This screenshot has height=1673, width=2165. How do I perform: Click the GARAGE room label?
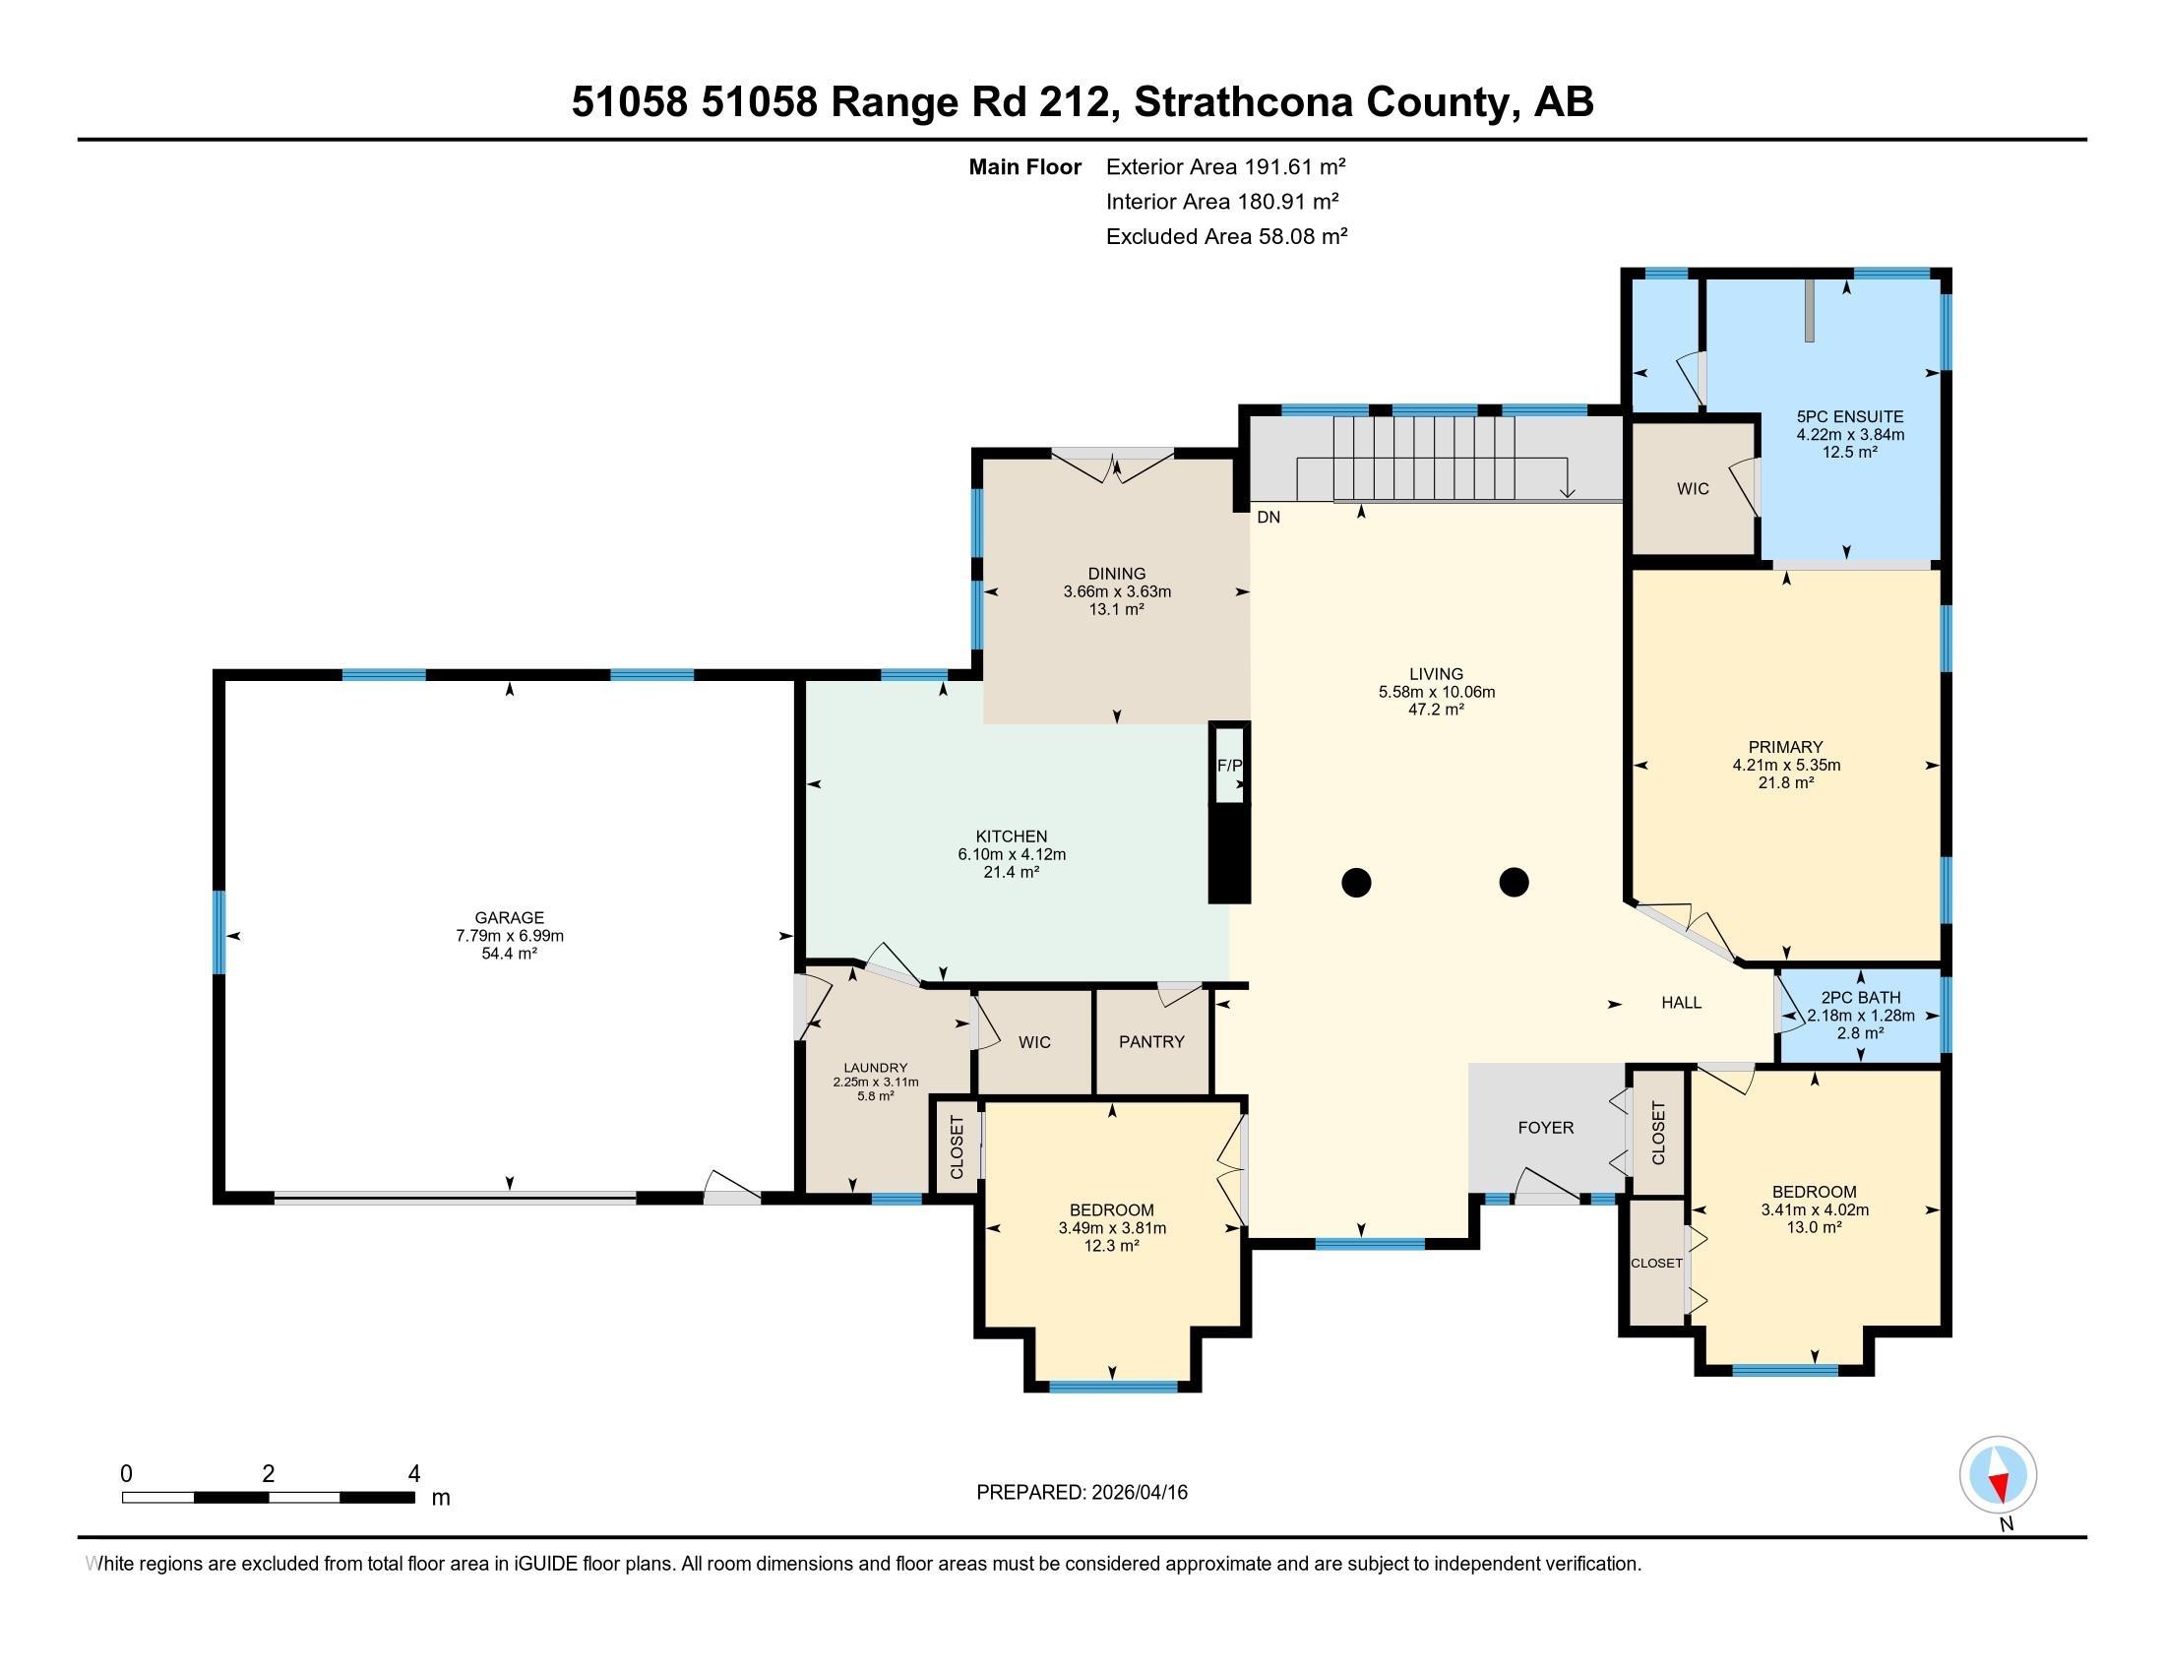(509, 918)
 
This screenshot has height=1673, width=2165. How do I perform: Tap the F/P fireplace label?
(1229, 765)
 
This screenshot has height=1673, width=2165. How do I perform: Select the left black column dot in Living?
(1356, 881)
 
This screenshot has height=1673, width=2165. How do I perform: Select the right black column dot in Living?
(1514, 881)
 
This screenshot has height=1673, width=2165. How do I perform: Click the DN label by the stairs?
(1268, 518)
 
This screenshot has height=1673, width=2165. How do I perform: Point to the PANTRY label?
(1151, 1041)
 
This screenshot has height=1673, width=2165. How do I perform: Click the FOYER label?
(1545, 1127)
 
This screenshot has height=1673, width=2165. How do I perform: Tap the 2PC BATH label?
(1860, 998)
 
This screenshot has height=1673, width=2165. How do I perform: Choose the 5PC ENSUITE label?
(1850, 417)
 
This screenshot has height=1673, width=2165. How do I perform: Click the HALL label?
(1681, 1003)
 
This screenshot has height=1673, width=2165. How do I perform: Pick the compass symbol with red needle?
(1998, 1475)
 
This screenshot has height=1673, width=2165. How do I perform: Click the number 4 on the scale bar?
(414, 1474)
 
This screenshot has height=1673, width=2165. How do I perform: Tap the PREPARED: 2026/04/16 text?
(1082, 1493)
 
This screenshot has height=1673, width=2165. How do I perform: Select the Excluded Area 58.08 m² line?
(1226, 237)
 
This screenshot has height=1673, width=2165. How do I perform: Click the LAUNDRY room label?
(875, 1069)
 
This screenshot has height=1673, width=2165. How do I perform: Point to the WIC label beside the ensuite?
(1693, 489)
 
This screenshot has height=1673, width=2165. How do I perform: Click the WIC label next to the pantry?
(1034, 1041)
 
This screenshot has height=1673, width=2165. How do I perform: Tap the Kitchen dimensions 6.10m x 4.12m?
(1010, 854)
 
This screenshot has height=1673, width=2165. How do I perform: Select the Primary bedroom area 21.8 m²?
(1785, 783)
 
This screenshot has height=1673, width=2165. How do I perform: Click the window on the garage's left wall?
(220, 932)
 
